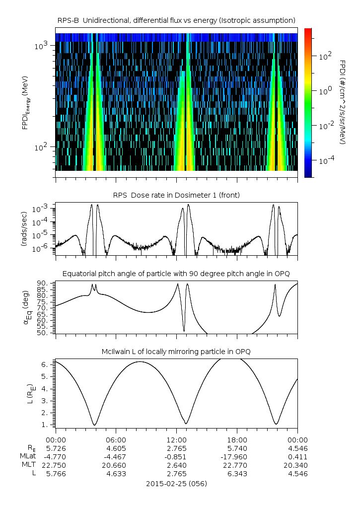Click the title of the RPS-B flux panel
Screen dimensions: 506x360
[176, 20]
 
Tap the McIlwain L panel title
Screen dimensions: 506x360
[176, 352]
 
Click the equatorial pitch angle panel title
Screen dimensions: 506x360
[176, 274]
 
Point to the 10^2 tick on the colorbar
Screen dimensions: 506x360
[325, 57]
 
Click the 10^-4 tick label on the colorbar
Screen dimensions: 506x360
[325, 161]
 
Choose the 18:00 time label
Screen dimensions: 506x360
[237, 440]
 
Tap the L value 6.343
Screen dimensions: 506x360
[237, 474]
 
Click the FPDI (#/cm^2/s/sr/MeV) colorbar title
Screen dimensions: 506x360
[343, 102]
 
